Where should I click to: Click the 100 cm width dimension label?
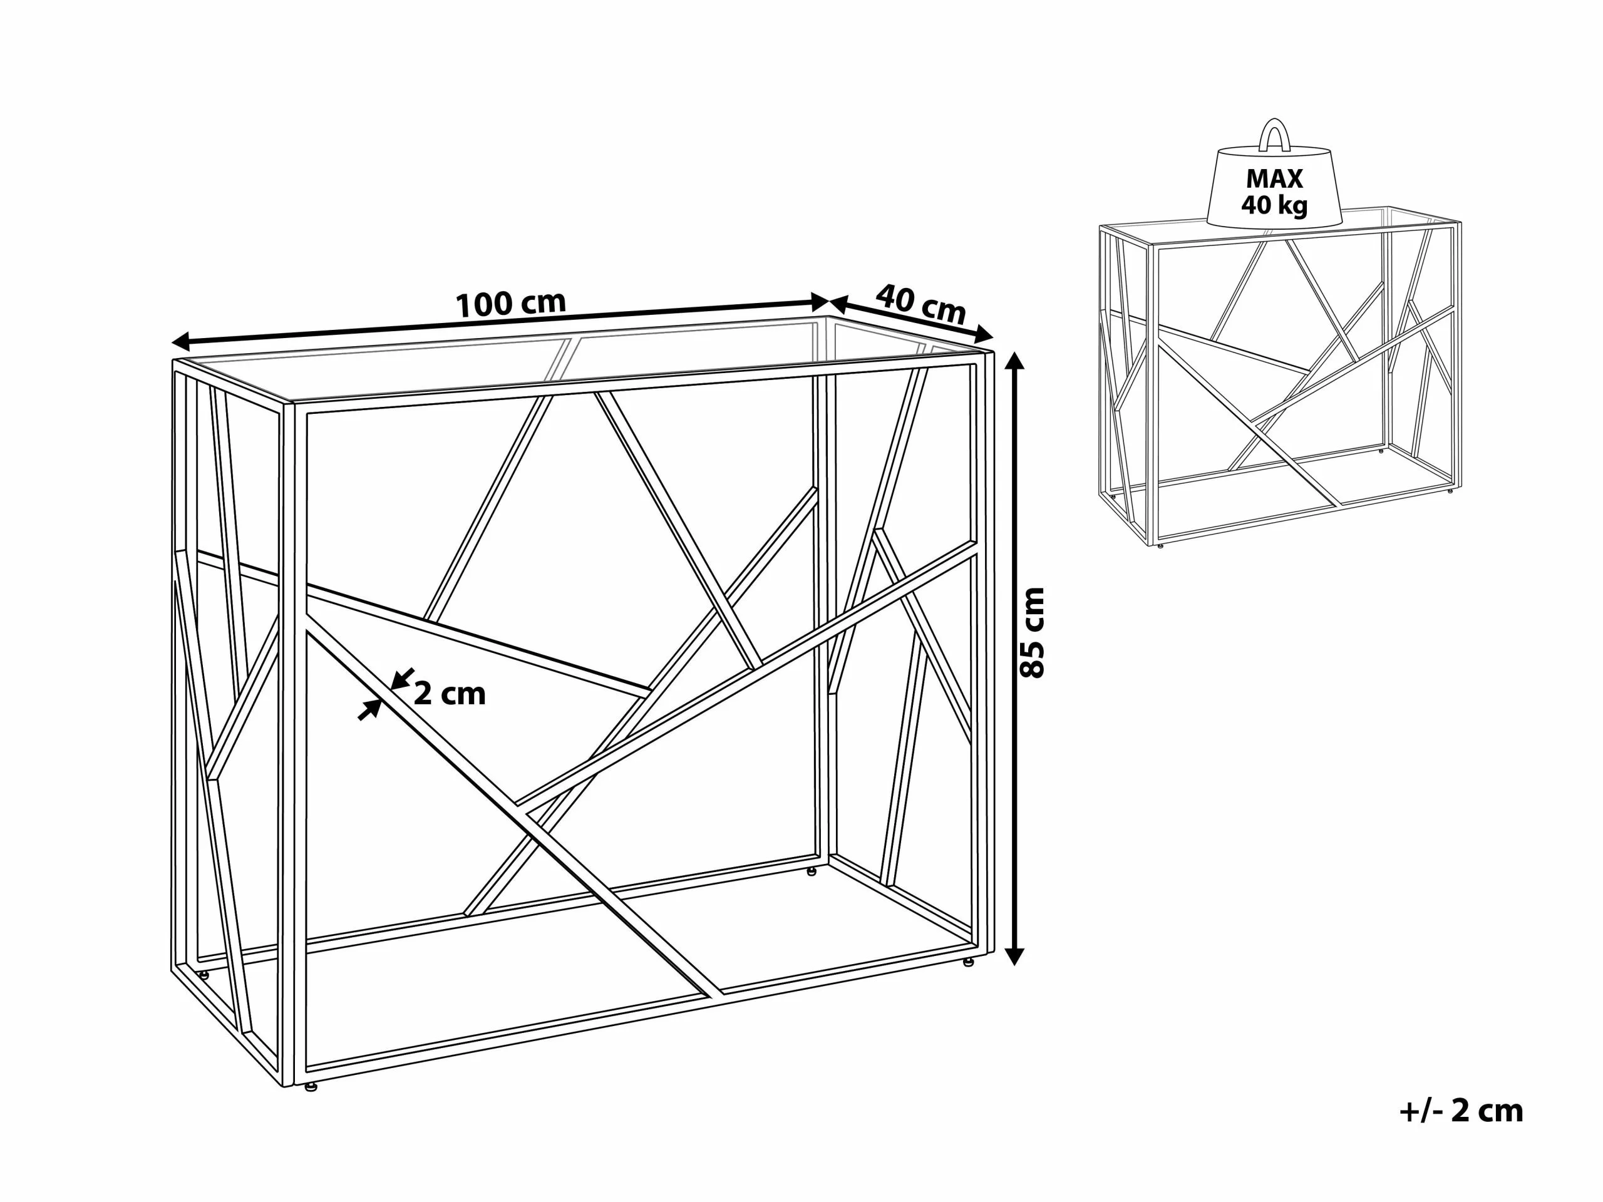pos(510,304)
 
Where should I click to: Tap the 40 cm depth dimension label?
pos(920,304)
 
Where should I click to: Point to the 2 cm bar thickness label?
pos(450,694)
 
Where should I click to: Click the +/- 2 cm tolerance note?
pos(1461,1109)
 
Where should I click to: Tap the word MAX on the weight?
pos(1274,178)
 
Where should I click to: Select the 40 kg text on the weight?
pos(1274,205)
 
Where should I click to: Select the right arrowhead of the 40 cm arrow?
pos(982,334)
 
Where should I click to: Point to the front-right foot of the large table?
pos(967,963)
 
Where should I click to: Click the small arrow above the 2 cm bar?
pos(401,679)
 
